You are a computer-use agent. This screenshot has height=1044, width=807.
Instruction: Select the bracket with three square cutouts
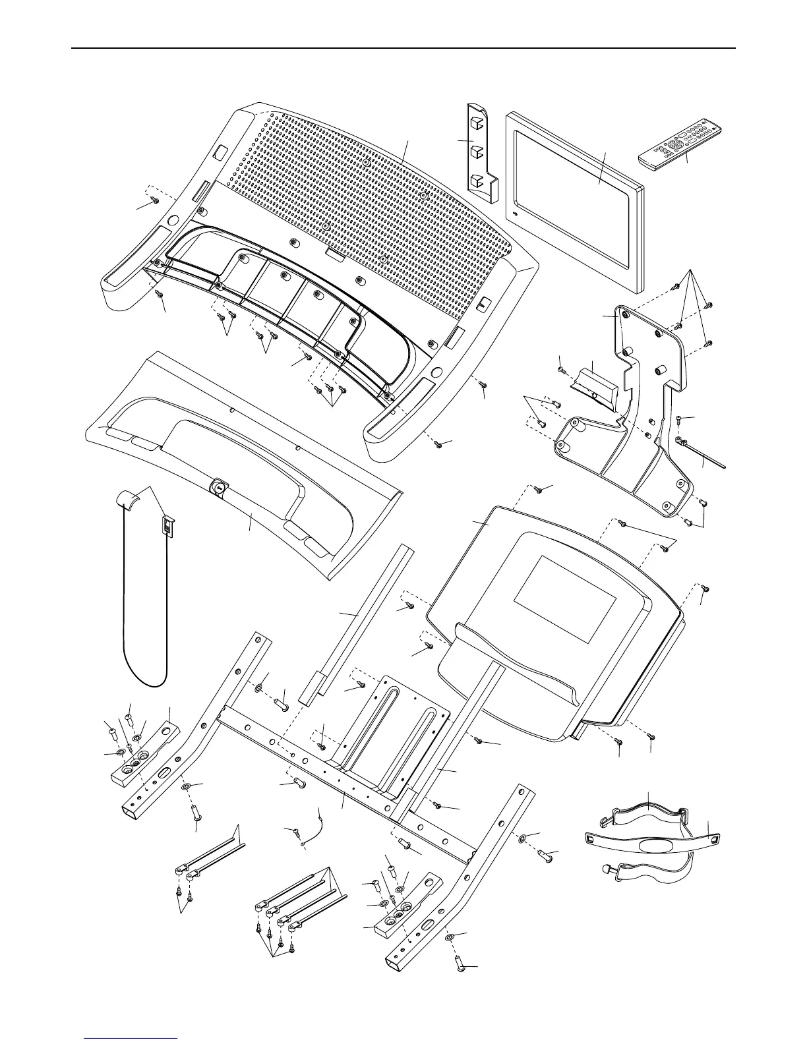click(x=480, y=152)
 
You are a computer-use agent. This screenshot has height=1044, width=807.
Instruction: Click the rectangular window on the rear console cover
click(x=565, y=599)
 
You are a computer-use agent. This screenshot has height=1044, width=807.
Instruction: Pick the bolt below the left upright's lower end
click(x=196, y=811)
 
